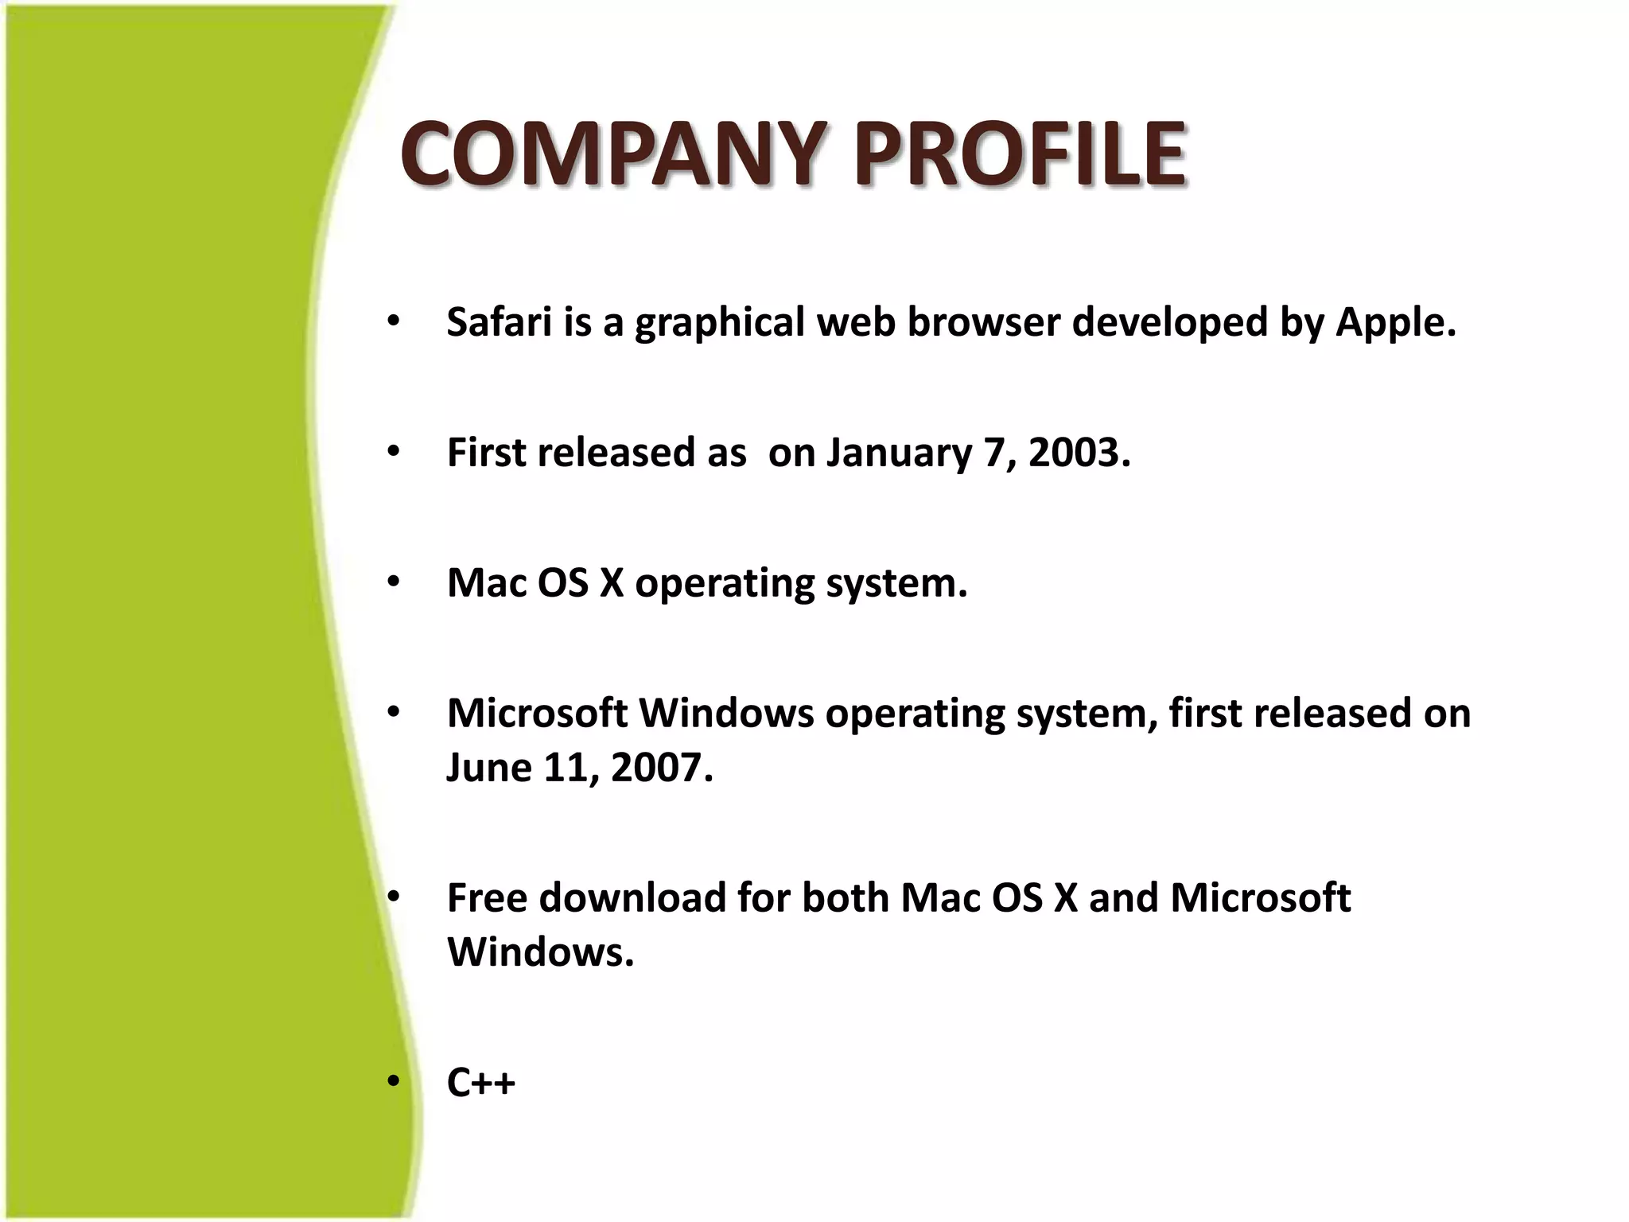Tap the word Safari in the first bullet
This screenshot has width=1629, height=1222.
500,322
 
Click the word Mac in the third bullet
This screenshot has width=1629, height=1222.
486,583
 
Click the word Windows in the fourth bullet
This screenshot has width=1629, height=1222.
726,713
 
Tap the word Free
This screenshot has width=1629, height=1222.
487,898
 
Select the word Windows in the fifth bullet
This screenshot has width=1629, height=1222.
540,952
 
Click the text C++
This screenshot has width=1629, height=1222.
480,1083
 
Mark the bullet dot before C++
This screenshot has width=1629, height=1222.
394,1082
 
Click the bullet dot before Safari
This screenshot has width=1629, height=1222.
394,322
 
